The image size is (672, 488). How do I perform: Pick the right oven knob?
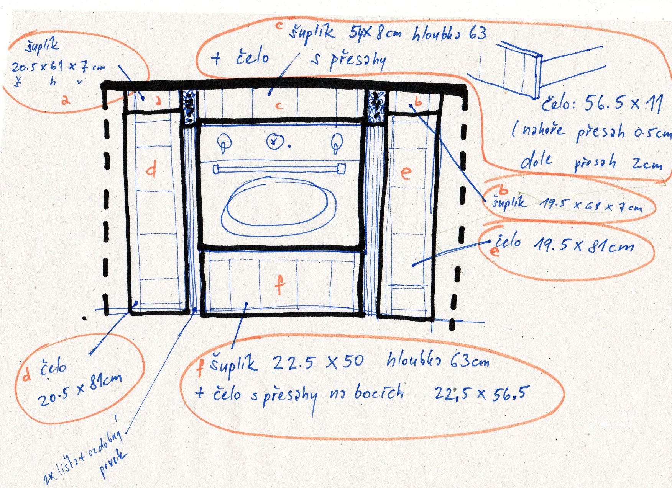337,142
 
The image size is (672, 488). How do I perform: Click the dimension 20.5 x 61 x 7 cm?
58,67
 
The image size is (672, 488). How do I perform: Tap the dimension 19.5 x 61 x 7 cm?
590,206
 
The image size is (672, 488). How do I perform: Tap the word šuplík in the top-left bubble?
42,47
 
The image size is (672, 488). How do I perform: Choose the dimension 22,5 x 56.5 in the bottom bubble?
479,393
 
